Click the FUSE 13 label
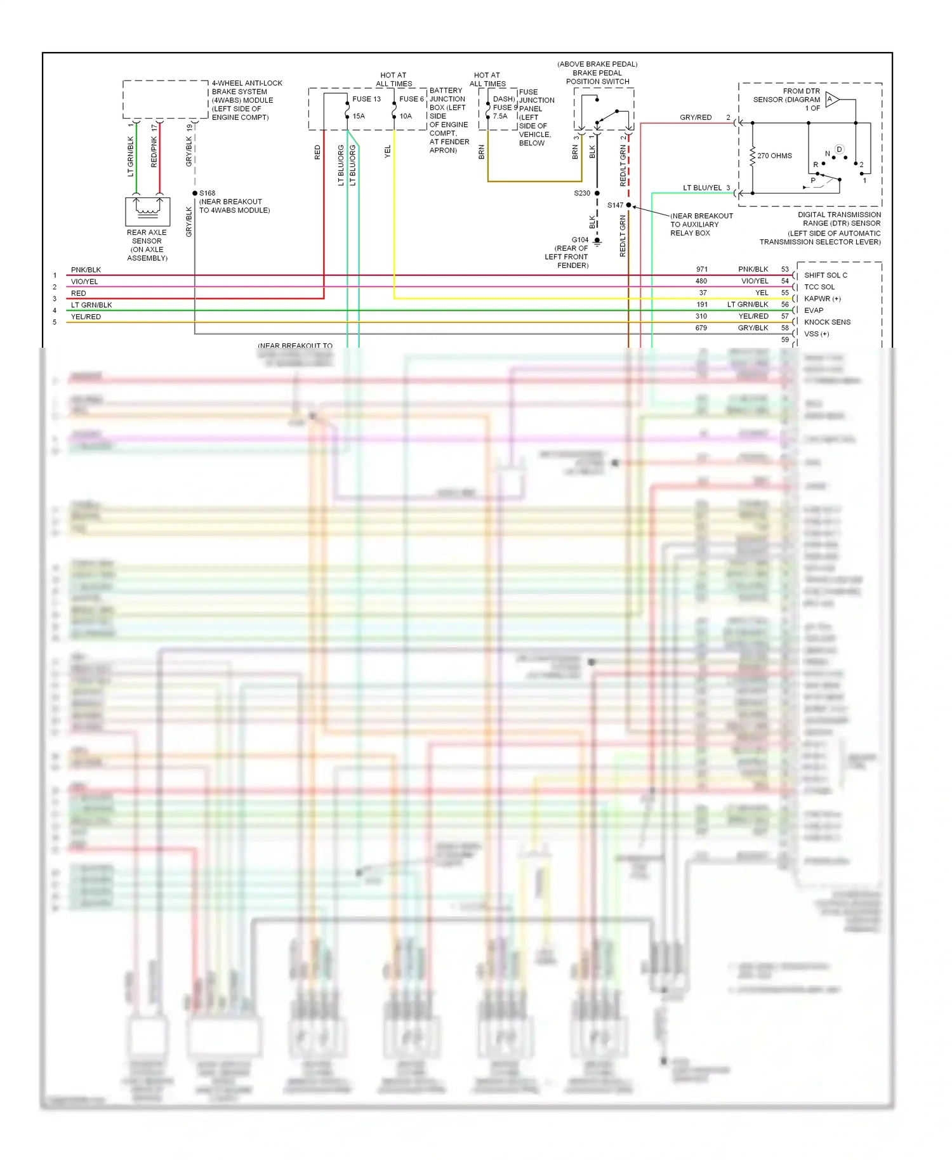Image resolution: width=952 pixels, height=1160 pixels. point(366,99)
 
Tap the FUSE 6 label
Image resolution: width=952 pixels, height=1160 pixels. point(411,99)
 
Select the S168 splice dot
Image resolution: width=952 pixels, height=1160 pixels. point(195,193)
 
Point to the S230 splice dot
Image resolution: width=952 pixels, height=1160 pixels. point(597,193)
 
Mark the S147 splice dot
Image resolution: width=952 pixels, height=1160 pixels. point(628,205)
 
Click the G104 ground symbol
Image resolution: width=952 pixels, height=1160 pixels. point(597,241)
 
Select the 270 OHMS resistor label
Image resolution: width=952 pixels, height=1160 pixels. point(774,155)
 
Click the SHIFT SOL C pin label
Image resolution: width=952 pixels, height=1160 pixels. point(825,275)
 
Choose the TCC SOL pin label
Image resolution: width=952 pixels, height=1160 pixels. point(819,287)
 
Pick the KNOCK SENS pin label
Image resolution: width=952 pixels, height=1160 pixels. point(827,322)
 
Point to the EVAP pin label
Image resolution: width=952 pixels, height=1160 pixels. point(814,310)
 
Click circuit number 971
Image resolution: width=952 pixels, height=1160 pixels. point(701,270)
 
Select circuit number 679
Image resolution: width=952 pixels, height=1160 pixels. point(701,328)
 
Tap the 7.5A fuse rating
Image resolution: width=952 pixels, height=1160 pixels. point(500,116)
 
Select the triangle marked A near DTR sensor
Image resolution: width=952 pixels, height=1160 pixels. point(831,100)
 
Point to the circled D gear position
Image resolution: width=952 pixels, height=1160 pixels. point(839,150)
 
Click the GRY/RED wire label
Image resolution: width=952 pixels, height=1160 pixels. point(696,117)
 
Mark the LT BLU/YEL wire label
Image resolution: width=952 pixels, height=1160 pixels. point(702,188)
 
